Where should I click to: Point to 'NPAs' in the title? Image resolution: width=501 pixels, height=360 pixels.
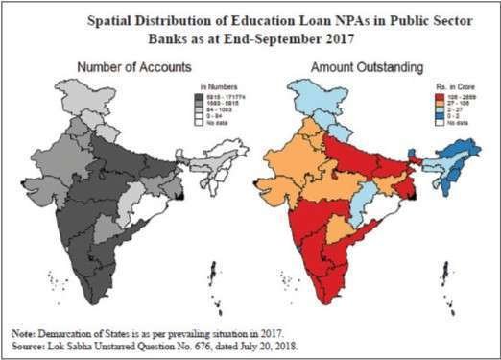(361, 19)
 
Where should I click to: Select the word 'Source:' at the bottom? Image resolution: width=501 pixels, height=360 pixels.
(28, 343)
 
